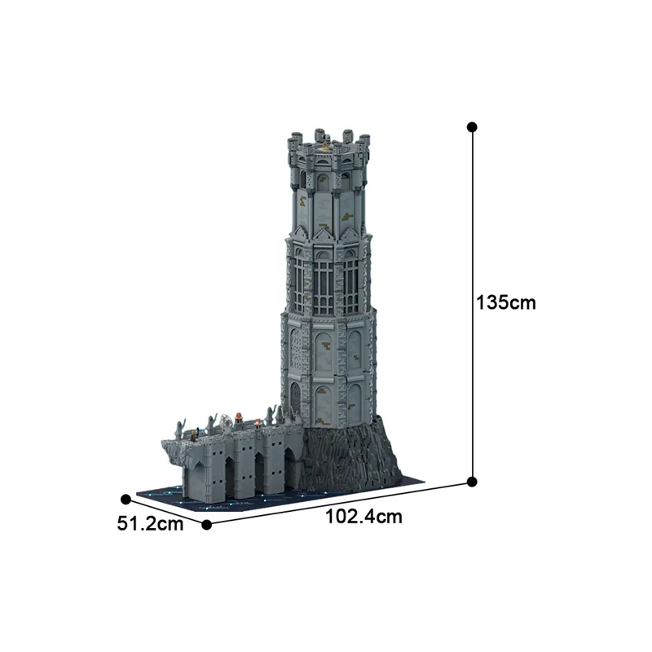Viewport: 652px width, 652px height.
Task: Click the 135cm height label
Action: click(505, 302)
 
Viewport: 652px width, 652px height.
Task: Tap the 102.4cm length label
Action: click(364, 515)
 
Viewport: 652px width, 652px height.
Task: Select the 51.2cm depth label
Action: click(150, 523)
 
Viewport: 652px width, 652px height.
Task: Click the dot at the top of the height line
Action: click(472, 127)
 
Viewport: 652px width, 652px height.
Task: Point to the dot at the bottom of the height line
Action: click(472, 482)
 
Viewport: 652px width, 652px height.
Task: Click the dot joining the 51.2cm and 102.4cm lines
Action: click(206, 525)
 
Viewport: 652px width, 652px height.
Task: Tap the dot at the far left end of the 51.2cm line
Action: click(126, 499)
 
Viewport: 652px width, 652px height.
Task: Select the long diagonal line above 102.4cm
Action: click(342, 503)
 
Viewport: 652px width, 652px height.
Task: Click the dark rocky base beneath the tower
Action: click(359, 456)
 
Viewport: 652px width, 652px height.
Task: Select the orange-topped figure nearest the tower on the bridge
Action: click(258, 423)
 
